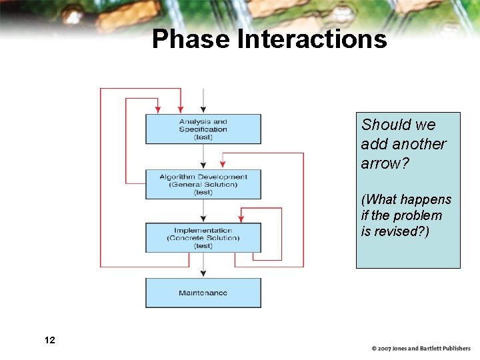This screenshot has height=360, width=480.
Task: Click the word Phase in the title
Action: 191,39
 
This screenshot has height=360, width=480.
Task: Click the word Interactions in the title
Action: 312,39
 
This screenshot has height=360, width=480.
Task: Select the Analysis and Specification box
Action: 203,129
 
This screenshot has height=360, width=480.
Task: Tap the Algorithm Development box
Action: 203,184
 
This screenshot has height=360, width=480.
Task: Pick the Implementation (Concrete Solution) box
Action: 203,237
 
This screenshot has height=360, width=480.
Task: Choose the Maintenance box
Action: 203,293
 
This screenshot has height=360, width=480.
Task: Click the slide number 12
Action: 49,341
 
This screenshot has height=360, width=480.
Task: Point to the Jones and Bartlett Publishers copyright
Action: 421,348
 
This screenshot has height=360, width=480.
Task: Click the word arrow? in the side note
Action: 383,163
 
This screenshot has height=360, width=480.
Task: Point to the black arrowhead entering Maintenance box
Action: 203,274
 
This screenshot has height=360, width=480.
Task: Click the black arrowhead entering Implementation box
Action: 203,219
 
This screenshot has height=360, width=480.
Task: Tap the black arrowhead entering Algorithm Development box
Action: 203,165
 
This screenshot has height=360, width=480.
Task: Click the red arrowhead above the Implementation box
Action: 241,219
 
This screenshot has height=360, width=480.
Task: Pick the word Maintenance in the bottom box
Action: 203,293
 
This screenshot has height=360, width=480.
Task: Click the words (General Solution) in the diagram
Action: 203,185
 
